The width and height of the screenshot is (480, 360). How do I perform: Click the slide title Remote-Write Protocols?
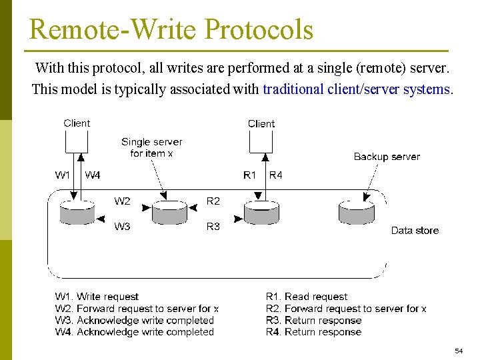pyautogui.click(x=171, y=29)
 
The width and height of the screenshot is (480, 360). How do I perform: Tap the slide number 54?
pyautogui.click(x=459, y=351)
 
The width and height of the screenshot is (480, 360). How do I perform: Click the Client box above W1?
pyautogui.click(x=77, y=140)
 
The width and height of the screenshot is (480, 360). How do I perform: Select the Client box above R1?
pyautogui.click(x=261, y=140)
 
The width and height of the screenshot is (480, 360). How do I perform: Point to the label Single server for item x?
pyautogui.click(x=151, y=147)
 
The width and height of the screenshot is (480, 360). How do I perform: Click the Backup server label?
pyautogui.click(x=387, y=157)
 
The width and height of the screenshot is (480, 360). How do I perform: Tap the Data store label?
pyautogui.click(x=415, y=231)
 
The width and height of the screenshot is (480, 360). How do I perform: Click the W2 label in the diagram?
pyautogui.click(x=122, y=201)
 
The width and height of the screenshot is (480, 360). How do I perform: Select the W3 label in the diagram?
pyautogui.click(x=122, y=227)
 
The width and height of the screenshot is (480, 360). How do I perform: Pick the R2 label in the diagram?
pyautogui.click(x=213, y=201)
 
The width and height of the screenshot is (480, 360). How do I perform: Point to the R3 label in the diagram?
pyautogui.click(x=213, y=227)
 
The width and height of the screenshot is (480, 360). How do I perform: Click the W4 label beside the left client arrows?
pyautogui.click(x=93, y=175)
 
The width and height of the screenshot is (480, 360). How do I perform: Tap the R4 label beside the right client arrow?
pyautogui.click(x=275, y=175)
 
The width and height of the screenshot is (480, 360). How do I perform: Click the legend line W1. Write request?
pyautogui.click(x=97, y=297)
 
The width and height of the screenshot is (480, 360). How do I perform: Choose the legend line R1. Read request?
pyautogui.click(x=307, y=297)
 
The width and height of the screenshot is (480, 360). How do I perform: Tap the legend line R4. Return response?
pyautogui.click(x=313, y=332)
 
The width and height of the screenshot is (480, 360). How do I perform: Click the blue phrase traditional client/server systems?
pyautogui.click(x=357, y=89)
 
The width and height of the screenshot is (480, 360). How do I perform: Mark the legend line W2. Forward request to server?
pyautogui.click(x=137, y=309)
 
